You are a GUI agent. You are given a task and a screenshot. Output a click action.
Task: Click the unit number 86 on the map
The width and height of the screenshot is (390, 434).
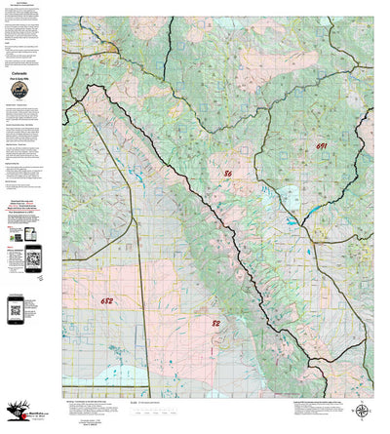tap(227, 174)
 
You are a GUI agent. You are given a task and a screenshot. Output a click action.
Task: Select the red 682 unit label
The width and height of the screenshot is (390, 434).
tap(106, 302)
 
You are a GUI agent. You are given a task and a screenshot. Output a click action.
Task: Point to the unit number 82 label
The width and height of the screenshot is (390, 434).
tap(215, 321)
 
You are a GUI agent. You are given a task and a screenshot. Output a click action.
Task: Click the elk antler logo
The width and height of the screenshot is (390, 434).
tap(14, 415)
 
